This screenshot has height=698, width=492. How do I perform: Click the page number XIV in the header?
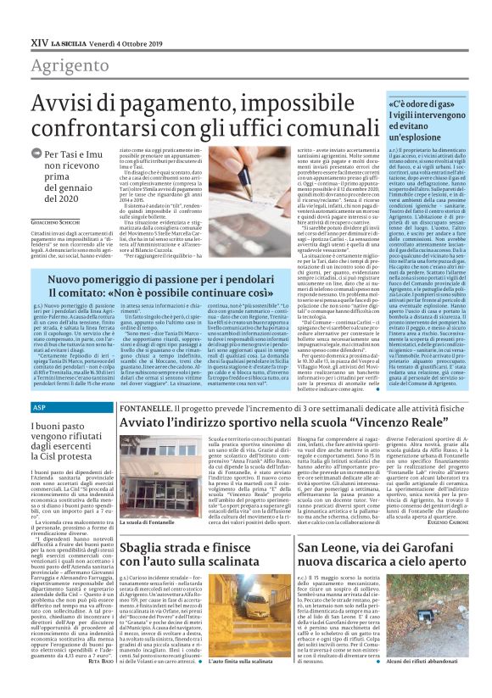(39, 40)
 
